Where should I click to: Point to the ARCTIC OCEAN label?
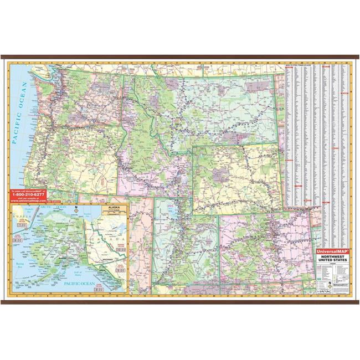coord(53,207)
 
